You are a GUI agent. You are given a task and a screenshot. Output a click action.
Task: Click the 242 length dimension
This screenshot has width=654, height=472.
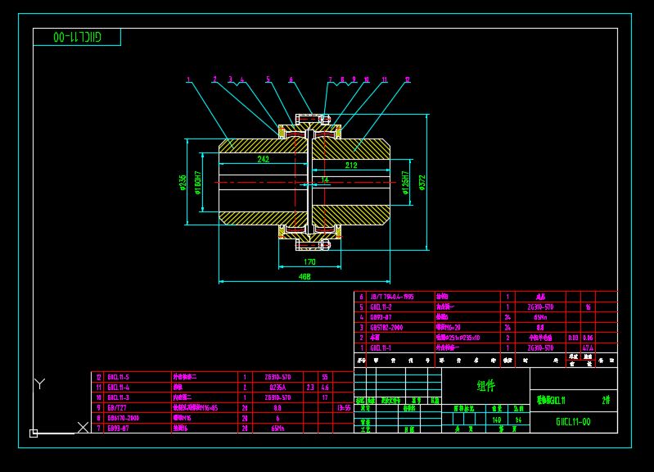[x=264, y=160]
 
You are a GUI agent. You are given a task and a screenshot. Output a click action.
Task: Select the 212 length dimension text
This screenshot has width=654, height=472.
[x=350, y=166]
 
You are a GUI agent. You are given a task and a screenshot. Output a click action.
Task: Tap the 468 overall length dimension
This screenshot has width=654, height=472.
[x=304, y=277]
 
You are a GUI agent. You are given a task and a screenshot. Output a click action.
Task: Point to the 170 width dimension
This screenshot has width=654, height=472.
[x=309, y=262]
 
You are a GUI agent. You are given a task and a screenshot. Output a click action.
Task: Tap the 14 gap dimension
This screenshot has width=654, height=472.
[x=325, y=179]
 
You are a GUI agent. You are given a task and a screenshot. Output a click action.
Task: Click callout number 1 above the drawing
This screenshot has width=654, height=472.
[x=188, y=80]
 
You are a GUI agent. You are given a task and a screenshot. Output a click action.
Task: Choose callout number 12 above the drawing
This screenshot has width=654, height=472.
[x=407, y=80]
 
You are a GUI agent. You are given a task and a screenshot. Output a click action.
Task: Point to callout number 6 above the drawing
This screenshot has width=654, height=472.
[x=291, y=80]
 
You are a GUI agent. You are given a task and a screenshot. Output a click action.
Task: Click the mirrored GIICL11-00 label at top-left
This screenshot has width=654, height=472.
[x=75, y=38]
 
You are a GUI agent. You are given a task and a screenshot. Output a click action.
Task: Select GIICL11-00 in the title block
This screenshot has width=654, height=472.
[x=573, y=422]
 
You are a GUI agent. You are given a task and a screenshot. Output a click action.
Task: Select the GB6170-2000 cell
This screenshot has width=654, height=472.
[x=123, y=417]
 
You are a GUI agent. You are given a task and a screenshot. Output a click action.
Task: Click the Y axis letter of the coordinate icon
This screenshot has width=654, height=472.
[x=39, y=383]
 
